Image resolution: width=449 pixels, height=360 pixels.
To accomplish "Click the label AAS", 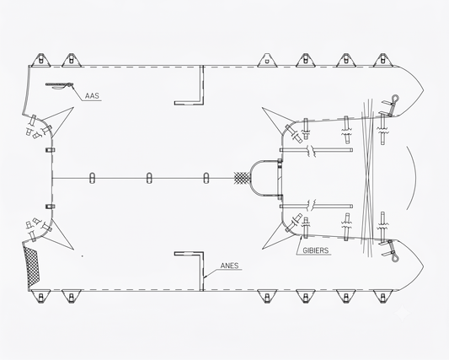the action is (92, 96).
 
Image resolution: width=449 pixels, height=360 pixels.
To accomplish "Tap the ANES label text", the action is (229, 266).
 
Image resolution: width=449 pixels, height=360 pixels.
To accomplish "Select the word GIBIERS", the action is (316, 250).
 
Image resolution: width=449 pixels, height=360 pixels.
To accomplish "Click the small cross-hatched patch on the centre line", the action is (242, 178).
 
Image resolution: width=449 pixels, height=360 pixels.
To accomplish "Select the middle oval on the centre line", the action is (149, 178).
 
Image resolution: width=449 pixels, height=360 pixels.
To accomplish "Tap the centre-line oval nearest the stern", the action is (92, 178).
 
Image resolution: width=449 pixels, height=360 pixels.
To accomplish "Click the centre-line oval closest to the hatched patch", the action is (206, 178).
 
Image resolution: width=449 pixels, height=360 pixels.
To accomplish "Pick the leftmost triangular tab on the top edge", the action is (41, 60).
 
